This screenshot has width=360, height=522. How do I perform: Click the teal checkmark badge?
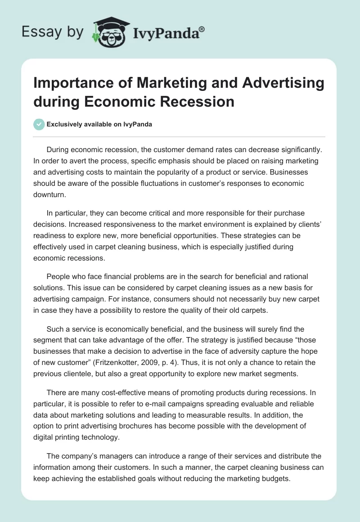[x=39, y=124]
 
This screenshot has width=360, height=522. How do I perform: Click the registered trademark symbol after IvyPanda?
[x=202, y=29]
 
